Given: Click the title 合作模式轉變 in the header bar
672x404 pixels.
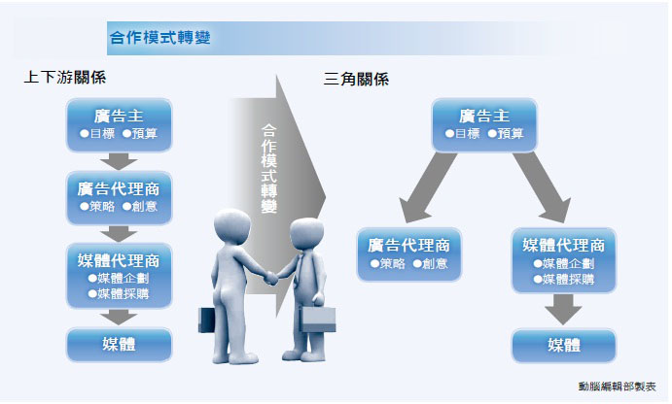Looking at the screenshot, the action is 159,38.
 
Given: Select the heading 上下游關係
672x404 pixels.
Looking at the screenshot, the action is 65,78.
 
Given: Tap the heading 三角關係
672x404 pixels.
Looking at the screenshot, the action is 356,80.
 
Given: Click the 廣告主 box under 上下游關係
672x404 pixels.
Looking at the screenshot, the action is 120,125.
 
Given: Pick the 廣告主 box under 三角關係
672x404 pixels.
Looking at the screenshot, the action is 484,125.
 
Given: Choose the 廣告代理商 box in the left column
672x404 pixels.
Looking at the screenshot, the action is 120,198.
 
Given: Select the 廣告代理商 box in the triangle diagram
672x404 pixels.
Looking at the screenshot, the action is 409,254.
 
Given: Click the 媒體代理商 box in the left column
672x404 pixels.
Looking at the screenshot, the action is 120,276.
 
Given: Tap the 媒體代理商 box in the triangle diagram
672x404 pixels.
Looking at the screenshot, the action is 564,260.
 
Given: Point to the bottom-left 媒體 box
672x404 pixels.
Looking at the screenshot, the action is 120,345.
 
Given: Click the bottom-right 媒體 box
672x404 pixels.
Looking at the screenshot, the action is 564,346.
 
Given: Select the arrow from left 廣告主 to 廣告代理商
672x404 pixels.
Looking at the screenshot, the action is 119,161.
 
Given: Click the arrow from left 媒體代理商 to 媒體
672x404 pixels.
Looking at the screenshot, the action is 119,318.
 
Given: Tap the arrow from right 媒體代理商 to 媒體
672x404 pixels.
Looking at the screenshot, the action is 563,310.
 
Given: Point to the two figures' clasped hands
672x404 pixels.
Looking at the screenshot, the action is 271,278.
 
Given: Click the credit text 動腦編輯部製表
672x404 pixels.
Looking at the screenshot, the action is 618,387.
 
